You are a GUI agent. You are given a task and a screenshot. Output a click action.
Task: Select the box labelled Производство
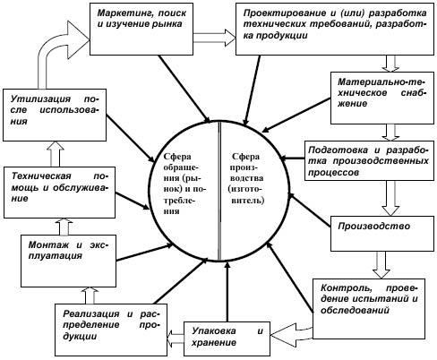pos(382,234)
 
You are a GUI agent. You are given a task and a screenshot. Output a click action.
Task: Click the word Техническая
pos(41,176)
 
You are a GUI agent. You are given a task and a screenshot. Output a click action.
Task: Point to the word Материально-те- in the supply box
pos(381,81)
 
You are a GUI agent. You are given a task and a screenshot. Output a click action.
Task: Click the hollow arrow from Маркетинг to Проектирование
pos(214,38)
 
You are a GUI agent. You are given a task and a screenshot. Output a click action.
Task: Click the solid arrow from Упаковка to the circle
pos(227,291)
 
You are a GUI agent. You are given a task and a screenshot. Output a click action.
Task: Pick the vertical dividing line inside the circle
pos(220,191)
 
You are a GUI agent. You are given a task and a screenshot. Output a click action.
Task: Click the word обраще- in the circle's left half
pos(181,167)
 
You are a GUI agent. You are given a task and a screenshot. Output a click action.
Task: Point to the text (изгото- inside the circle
pos(246,189)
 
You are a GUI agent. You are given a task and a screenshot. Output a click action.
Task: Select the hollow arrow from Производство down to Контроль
pos(381,265)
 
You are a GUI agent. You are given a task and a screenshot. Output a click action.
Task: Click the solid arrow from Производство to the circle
pos(311,210)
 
